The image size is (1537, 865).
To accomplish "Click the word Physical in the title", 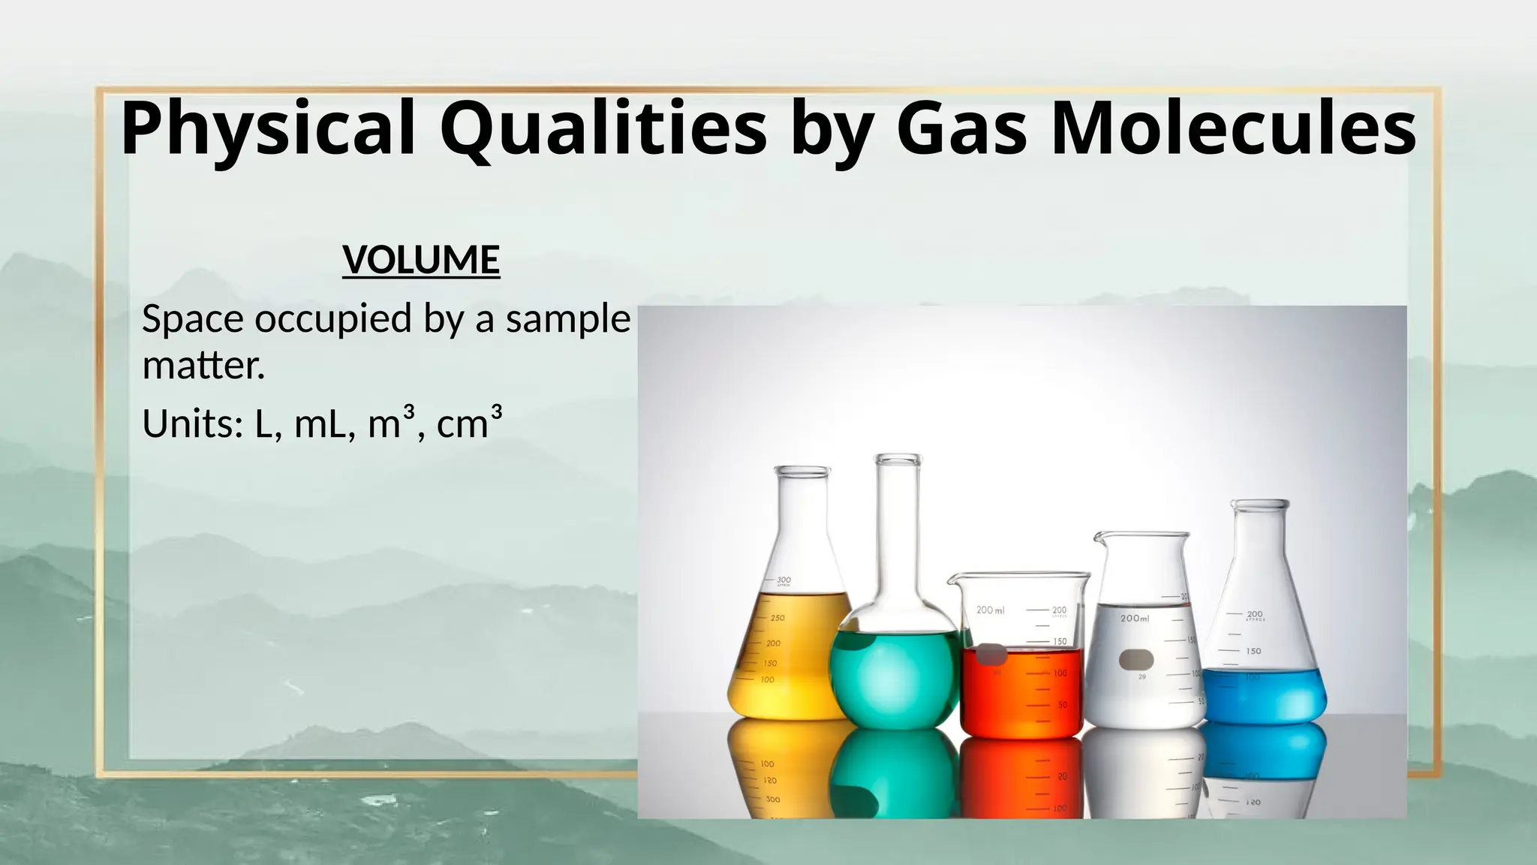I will pos(267,129).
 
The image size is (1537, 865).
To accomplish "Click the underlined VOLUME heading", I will pos(421,260).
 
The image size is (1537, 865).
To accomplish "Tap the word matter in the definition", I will pos(200,366).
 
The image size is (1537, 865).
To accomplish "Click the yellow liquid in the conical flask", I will pos(788,661).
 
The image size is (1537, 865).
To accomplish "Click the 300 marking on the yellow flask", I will pos(784,580).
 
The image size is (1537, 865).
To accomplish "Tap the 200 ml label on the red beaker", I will pos(990,610).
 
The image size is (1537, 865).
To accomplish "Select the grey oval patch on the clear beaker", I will pos(1136,660).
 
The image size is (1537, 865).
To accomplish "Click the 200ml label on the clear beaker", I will pos(1134,619).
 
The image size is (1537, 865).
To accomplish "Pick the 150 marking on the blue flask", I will pos(1254,651).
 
